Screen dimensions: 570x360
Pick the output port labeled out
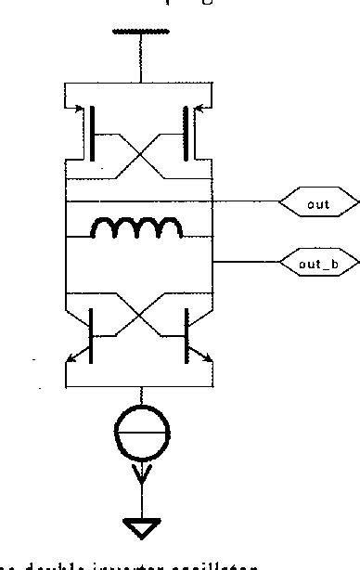(319, 201)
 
